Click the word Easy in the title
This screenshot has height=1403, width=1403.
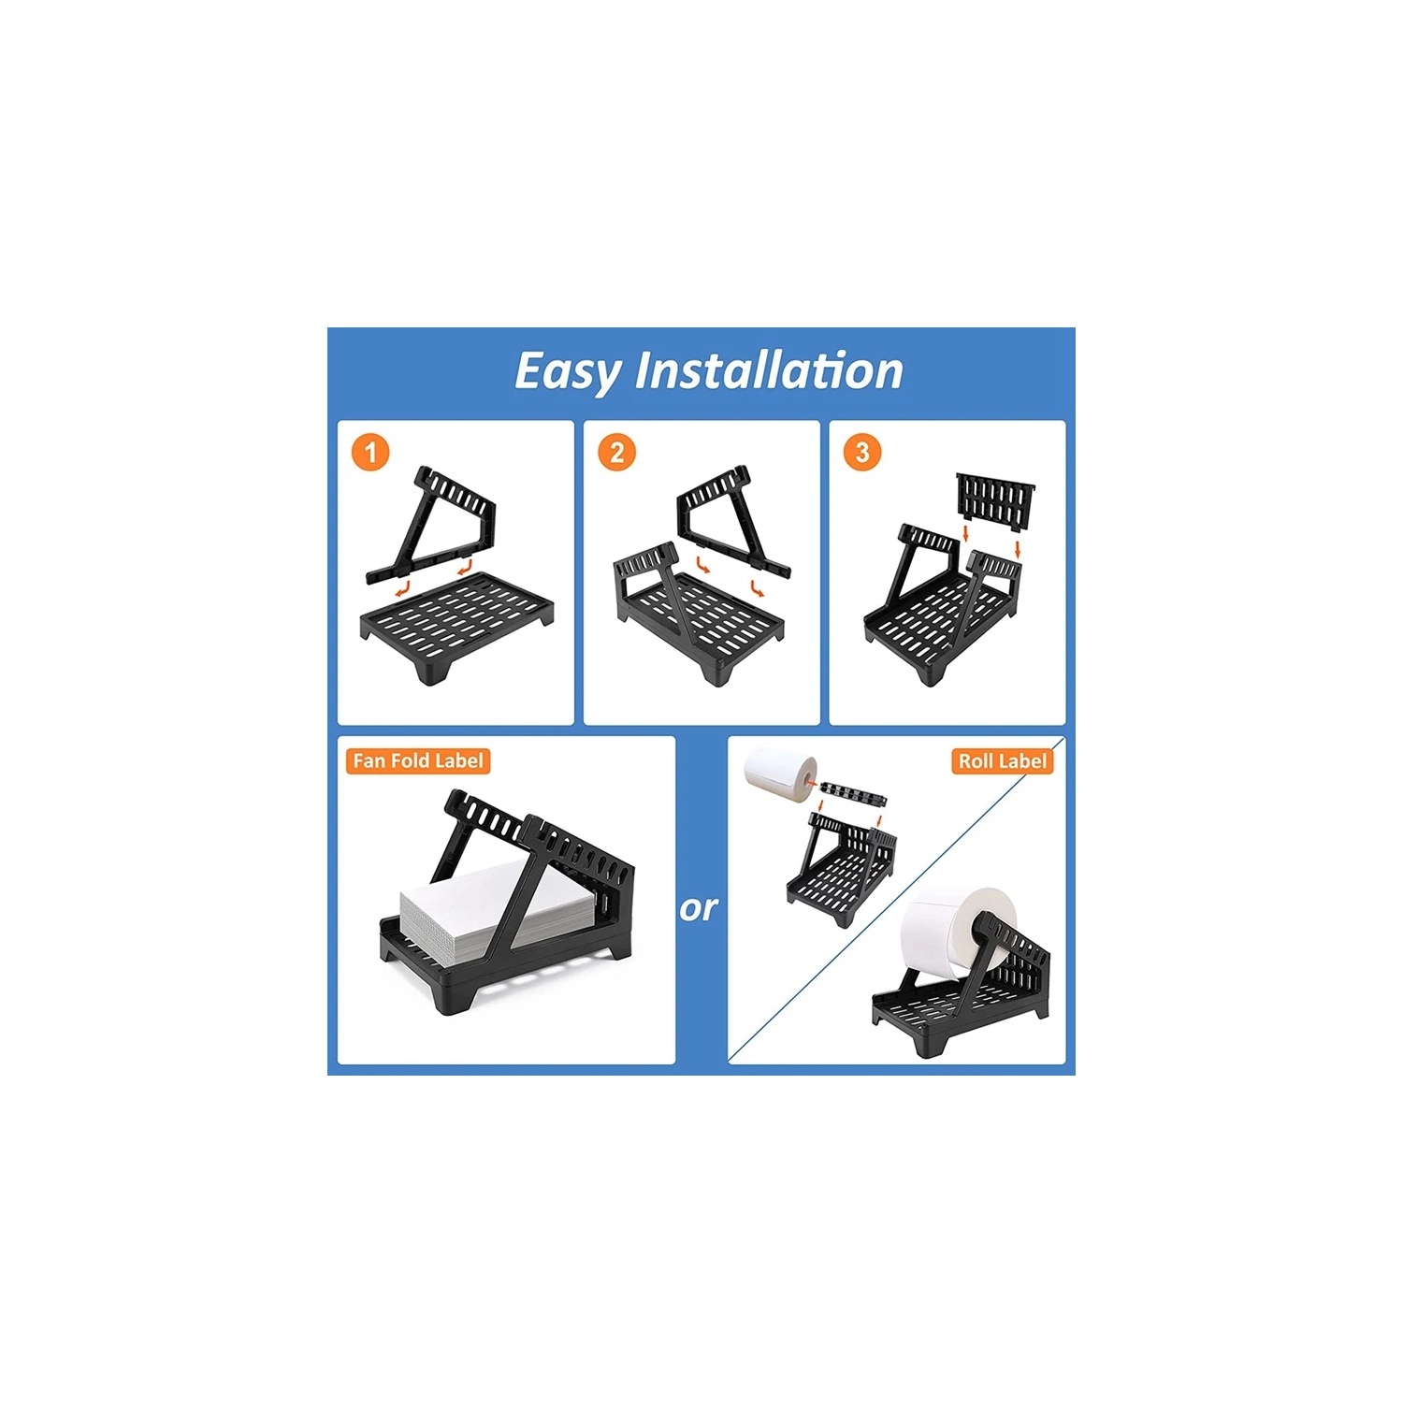click(568, 372)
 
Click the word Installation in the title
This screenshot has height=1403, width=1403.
click(769, 370)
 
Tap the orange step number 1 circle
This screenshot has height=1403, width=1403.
click(370, 453)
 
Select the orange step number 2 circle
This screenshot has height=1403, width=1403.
click(616, 453)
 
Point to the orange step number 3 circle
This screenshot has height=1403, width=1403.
click(862, 453)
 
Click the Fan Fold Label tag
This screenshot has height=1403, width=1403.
click(418, 760)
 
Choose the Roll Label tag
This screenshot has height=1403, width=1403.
click(1003, 760)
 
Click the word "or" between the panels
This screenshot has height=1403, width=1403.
click(699, 908)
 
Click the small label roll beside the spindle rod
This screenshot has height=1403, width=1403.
click(780, 773)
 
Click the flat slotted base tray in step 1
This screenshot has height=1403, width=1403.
click(457, 625)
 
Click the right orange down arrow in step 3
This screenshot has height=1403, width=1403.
click(1018, 548)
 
